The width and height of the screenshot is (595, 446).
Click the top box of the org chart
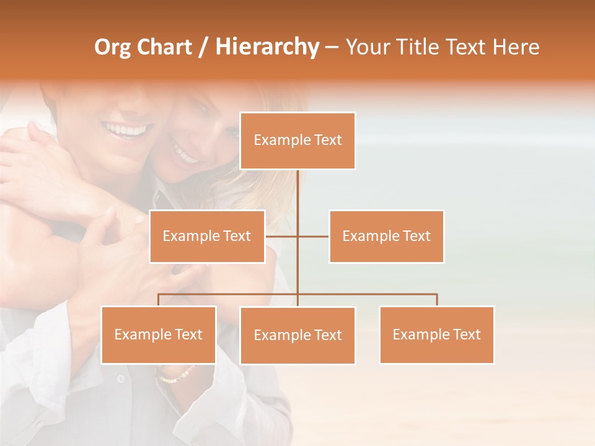pos(297,141)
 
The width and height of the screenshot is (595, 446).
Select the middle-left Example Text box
pos(207,236)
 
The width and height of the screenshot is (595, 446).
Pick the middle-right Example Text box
pos(386,236)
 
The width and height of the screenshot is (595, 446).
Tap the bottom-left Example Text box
pos(159,334)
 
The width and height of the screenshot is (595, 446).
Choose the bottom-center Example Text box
pos(297,335)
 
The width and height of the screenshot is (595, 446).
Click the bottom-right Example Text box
pos(436,334)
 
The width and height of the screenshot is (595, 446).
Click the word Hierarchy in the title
pos(267,47)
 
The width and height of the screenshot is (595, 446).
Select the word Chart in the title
pos(164,47)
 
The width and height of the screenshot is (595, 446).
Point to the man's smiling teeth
pos(128,130)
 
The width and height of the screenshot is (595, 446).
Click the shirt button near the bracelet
pos(121,377)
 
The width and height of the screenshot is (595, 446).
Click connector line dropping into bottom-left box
pos(159,300)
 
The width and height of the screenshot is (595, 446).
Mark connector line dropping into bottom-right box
pos(436,300)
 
